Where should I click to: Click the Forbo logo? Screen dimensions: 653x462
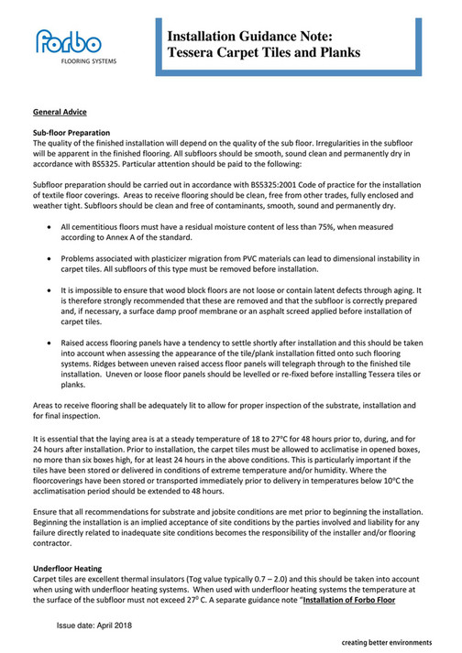tap(69, 42)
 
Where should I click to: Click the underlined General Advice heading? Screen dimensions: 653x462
tap(60, 112)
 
